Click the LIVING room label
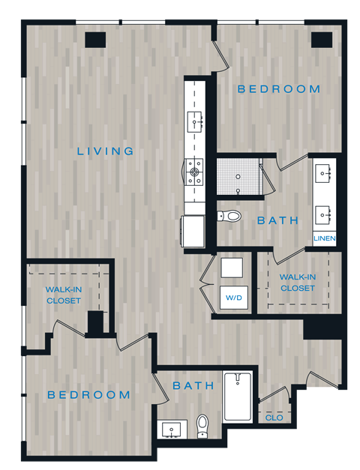pos(106,151)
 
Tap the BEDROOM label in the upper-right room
pos(279,89)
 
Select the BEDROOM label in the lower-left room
pos(88,395)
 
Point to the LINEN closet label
pos(325,239)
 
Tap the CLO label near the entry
pos(274,417)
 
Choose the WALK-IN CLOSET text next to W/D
pos(298,282)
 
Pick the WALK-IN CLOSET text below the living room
pos(63,295)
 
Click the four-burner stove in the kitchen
pos(194,172)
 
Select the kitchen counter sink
pos(196,120)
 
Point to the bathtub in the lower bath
pos(239,397)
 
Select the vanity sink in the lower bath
pos(172,431)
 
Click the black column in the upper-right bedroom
pos(321,39)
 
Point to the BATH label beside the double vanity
pos(278,221)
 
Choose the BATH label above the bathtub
pos(193,386)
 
